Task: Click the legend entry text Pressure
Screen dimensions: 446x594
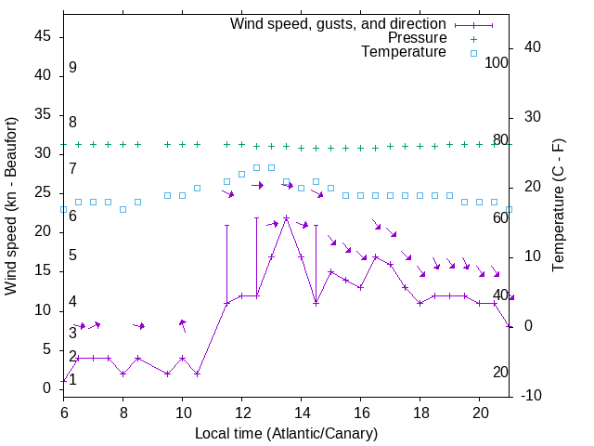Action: tap(418, 38)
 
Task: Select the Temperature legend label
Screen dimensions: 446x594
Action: tap(404, 52)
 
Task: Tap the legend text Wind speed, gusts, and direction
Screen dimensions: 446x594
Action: tap(339, 23)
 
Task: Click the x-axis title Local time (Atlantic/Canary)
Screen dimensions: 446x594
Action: tap(286, 434)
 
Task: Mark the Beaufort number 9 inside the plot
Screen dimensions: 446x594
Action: tap(72, 68)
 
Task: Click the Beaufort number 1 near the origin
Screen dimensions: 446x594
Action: tap(72, 379)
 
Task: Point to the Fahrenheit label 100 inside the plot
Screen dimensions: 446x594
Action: tap(497, 62)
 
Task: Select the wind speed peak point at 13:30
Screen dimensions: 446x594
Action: tap(286, 217)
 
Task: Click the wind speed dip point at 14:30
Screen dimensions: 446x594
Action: tap(316, 303)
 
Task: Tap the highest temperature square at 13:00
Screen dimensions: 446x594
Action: tap(271, 167)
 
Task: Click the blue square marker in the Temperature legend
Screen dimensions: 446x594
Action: tap(472, 53)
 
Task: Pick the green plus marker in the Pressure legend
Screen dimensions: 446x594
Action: tap(472, 39)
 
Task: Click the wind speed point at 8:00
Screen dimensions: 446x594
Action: tap(123, 374)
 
